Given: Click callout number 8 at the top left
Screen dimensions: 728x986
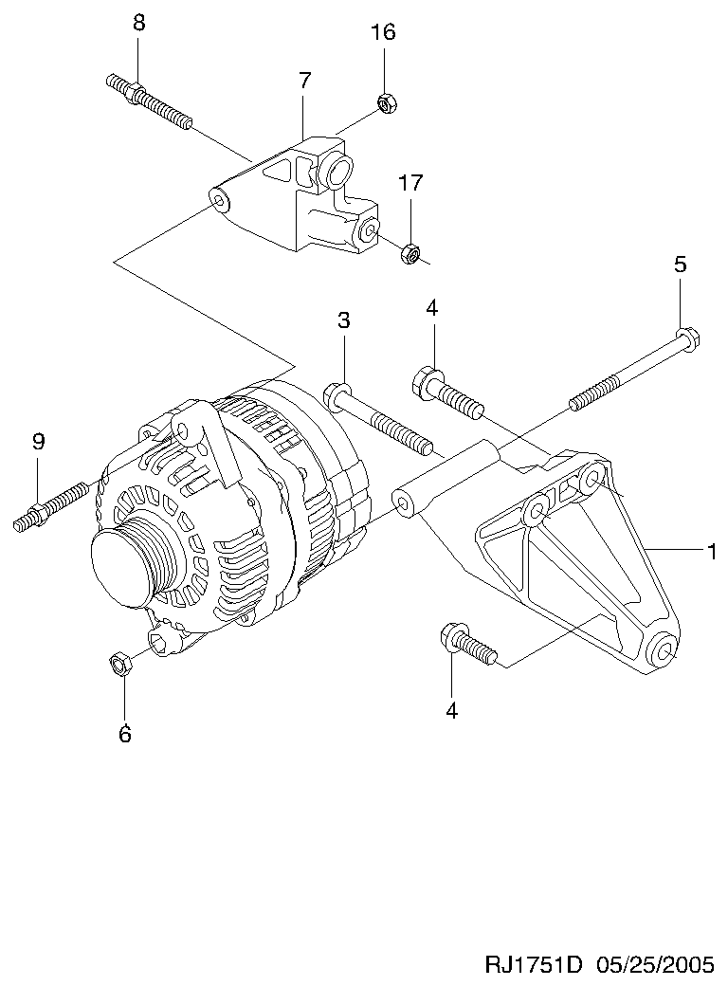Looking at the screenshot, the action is tap(139, 24).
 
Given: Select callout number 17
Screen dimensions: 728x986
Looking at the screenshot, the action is tap(410, 183).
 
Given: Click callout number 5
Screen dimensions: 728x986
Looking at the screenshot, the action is tap(681, 265).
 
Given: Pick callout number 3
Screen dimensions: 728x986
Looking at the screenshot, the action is tap(343, 320).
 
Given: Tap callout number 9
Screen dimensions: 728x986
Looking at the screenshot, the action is tap(38, 442).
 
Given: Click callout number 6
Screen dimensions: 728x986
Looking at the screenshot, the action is tap(125, 733).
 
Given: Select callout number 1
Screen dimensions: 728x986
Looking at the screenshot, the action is tap(712, 552).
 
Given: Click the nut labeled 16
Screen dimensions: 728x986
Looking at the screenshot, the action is tap(386, 102).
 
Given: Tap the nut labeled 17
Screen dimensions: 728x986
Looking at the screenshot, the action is tap(409, 253).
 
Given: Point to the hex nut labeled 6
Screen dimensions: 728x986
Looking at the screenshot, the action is tap(120, 663).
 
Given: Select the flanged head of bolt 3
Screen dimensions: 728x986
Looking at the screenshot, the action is tap(337, 395).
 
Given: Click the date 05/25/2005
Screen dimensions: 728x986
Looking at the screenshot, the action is tap(654, 964).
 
